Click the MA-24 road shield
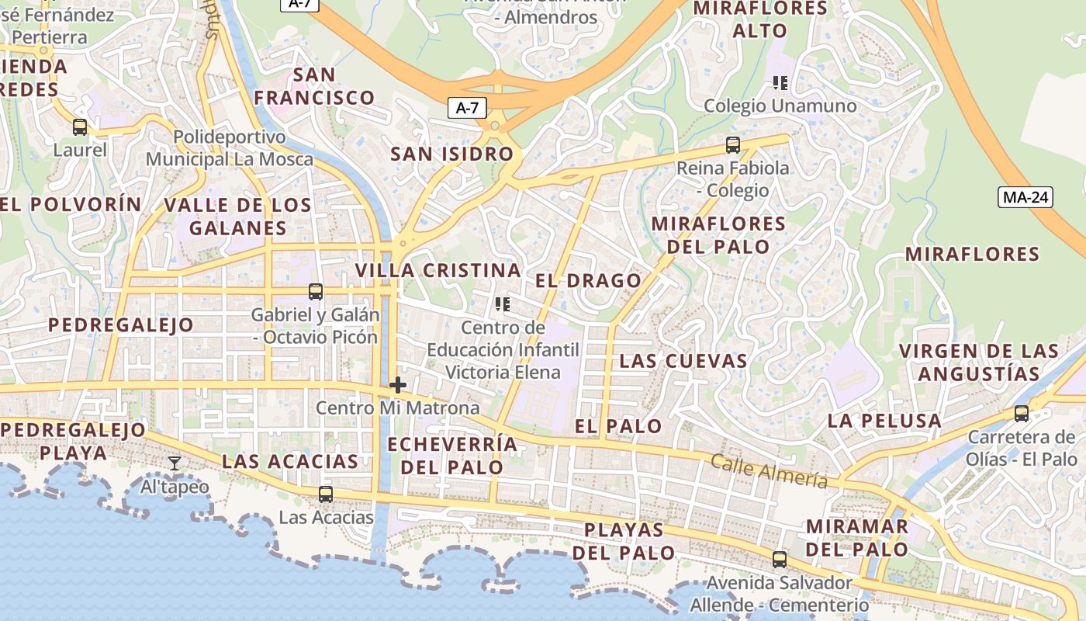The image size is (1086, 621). [x=1025, y=197]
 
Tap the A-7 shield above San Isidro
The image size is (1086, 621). [x=466, y=108]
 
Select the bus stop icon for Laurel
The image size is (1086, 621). [x=80, y=127]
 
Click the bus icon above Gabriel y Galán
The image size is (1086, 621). [x=316, y=292]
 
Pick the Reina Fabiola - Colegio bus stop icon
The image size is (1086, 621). [x=733, y=144]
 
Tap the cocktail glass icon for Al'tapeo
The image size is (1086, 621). [x=175, y=463]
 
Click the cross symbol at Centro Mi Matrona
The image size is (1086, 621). [x=398, y=385]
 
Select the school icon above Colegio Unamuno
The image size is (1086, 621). [x=780, y=83]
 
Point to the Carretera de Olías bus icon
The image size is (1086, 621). [x=1022, y=414]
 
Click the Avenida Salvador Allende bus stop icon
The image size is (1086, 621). [x=780, y=559]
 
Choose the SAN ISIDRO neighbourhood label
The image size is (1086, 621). [x=451, y=154]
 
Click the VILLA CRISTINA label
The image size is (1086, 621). [x=438, y=271]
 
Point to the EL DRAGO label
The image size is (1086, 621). [x=589, y=280]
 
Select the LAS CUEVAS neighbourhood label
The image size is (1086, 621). [x=683, y=361]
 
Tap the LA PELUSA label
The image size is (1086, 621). [x=884, y=421]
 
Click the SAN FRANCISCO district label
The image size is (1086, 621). [x=315, y=86]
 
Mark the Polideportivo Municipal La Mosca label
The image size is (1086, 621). [x=230, y=148]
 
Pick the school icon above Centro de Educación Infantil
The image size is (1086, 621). [x=503, y=304]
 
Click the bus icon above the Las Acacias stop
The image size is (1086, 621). [x=326, y=494]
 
